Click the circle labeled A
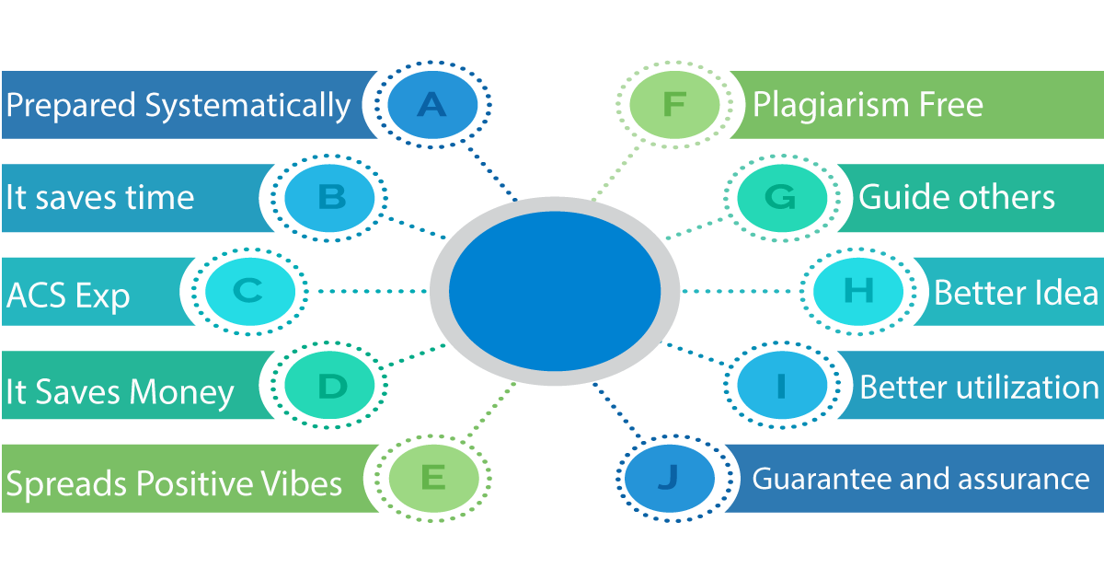point(432,105)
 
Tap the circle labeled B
point(329,198)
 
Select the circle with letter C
point(250,292)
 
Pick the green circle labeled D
point(329,385)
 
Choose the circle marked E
point(433,479)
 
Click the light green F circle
point(674,105)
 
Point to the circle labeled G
point(782,198)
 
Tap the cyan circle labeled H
point(858,292)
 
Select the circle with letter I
point(782,385)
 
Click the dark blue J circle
point(670,479)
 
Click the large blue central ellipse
point(555,291)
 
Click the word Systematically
point(247,107)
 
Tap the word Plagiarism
point(831,105)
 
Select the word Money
point(181,393)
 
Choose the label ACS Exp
point(68,296)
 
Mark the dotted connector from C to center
point(373,292)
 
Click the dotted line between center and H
point(736,292)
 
